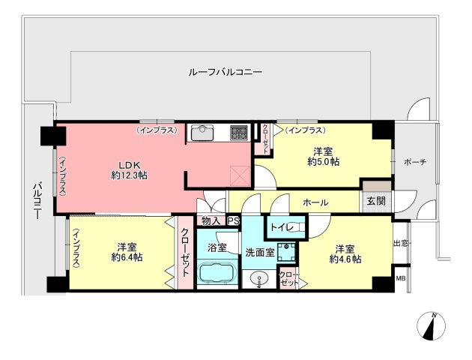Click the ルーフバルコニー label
click(x=225, y=73)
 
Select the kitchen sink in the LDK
click(x=202, y=134)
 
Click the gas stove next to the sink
click(x=239, y=133)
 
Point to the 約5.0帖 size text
click(x=324, y=161)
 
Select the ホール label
click(x=315, y=202)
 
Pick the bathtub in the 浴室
click(x=217, y=274)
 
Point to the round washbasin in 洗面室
click(x=260, y=282)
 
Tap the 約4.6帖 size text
click(x=345, y=259)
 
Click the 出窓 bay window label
click(x=402, y=243)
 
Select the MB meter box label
click(x=401, y=278)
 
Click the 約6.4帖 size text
click(x=127, y=257)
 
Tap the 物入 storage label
click(x=211, y=220)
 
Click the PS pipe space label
click(x=233, y=220)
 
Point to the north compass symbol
click(x=432, y=326)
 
